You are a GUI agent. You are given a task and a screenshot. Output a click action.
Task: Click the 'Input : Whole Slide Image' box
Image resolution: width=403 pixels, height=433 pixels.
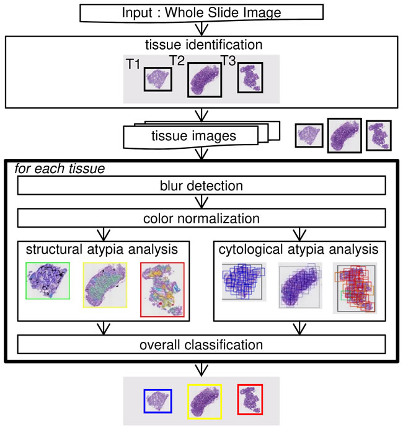[201, 12]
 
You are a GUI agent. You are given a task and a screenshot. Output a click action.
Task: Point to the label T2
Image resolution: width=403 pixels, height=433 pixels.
[178, 59]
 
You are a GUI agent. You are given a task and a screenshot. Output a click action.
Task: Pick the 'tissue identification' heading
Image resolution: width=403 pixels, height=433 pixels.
[202, 45]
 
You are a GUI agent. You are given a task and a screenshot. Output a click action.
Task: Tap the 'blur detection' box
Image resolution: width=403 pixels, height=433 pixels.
[201, 185]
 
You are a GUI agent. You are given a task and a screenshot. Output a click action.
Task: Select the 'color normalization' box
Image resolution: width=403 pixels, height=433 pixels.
[201, 218]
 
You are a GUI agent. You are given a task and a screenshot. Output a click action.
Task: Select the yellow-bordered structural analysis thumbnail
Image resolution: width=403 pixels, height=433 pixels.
[105, 284]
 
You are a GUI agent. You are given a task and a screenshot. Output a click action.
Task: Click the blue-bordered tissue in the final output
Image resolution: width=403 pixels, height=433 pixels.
[157, 400]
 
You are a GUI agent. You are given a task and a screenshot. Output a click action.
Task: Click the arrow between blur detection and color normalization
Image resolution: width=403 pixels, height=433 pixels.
[201, 202]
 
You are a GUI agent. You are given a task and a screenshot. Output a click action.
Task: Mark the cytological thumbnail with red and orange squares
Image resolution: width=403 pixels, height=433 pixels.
[355, 288]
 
